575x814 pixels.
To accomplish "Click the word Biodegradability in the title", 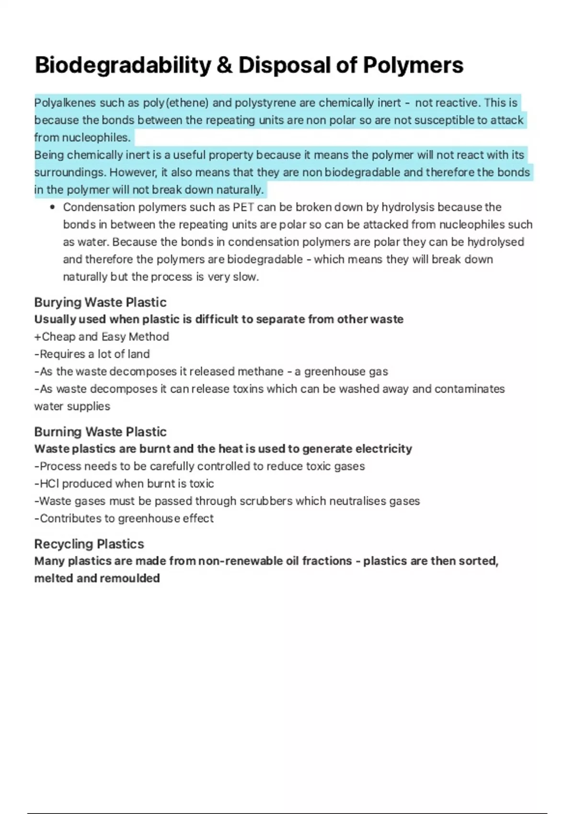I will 123,66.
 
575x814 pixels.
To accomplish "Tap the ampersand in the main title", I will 224,66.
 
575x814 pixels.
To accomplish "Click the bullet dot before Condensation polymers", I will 53,207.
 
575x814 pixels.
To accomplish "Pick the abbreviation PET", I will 243,207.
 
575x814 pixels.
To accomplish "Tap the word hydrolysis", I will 407,207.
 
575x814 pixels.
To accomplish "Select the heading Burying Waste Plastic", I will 100,302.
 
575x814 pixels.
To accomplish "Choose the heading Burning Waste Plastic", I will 100,432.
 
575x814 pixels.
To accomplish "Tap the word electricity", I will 384,449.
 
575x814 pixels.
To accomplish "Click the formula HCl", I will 49,484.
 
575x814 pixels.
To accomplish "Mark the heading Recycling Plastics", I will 89,544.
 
